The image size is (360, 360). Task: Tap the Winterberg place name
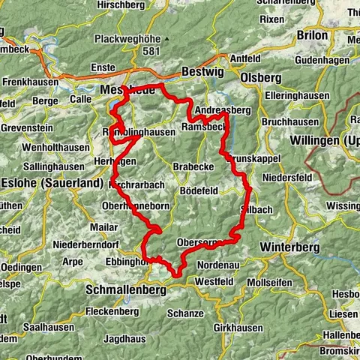289,247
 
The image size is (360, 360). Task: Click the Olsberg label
259,76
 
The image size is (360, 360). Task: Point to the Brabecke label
194,166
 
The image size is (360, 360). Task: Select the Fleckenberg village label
112,310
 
